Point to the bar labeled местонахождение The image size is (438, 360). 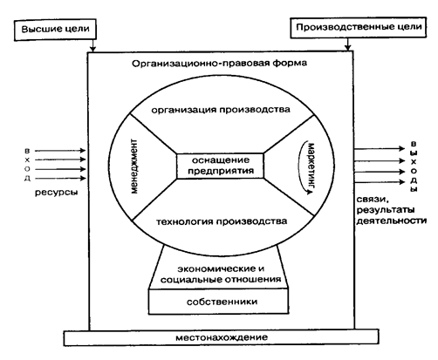pyautogui.click(x=219, y=336)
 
